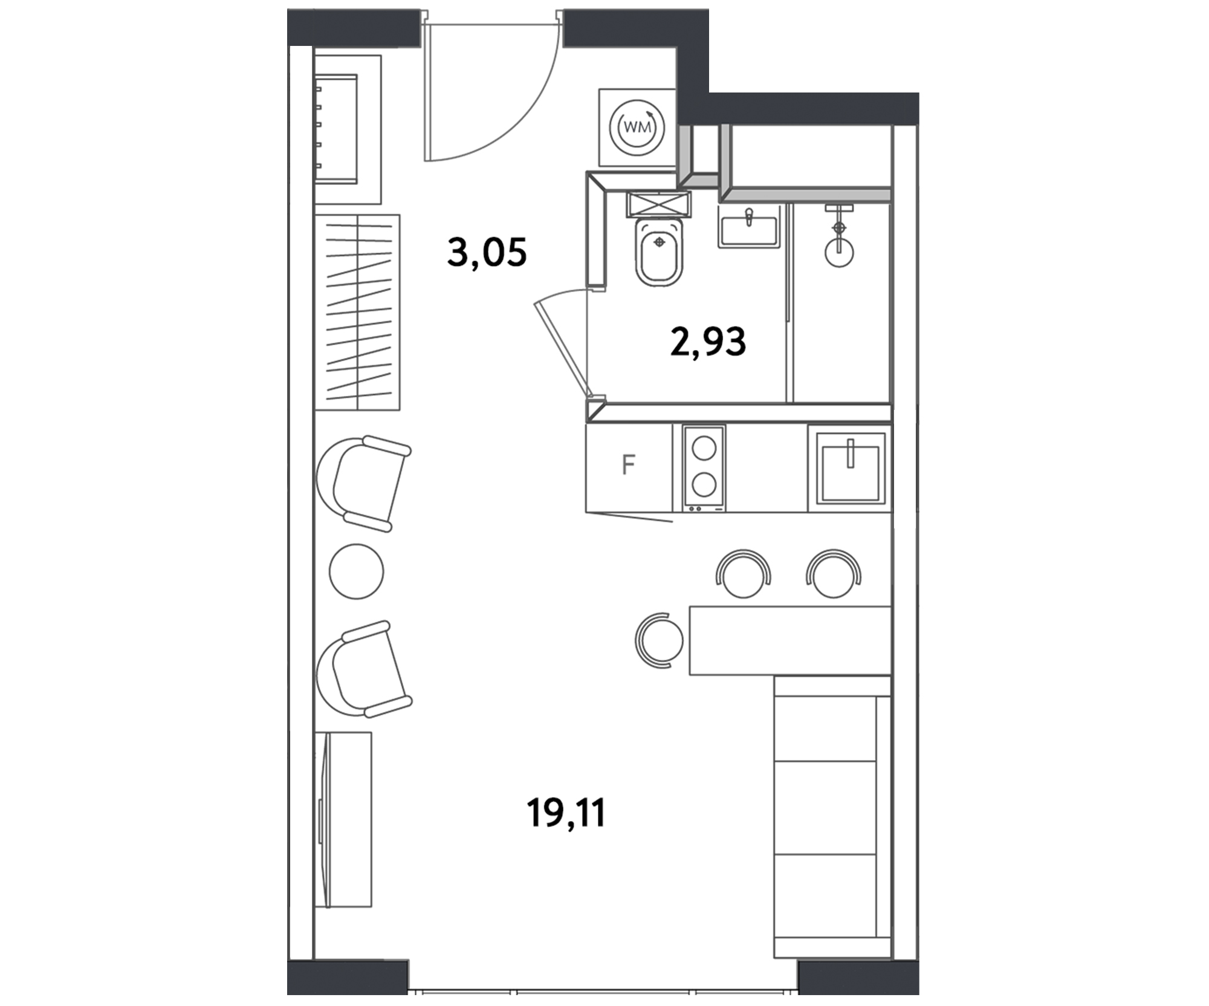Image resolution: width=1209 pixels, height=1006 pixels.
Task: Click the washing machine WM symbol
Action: [x=637, y=128]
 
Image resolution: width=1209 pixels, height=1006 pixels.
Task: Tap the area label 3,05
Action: [x=487, y=251]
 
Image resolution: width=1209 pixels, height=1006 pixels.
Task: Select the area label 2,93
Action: [x=708, y=342]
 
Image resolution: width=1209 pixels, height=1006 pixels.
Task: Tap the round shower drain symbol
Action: [x=838, y=251]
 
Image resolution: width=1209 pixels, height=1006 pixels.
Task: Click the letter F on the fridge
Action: [x=628, y=465]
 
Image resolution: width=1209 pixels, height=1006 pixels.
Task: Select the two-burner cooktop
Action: [x=704, y=468]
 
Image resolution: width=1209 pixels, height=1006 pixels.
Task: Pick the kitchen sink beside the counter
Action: [x=851, y=468]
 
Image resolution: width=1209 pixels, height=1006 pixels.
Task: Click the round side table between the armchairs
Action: [x=357, y=571]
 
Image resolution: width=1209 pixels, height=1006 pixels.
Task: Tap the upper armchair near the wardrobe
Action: [x=363, y=484]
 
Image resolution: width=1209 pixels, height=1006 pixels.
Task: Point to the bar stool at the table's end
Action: [x=659, y=640]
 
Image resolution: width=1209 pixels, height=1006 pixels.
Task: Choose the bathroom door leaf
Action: [x=562, y=349]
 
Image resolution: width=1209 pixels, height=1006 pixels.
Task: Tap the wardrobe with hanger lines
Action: [x=357, y=313]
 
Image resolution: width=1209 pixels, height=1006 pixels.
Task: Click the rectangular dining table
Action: [x=790, y=640]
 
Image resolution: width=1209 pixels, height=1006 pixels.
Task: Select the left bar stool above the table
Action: [x=744, y=574]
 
